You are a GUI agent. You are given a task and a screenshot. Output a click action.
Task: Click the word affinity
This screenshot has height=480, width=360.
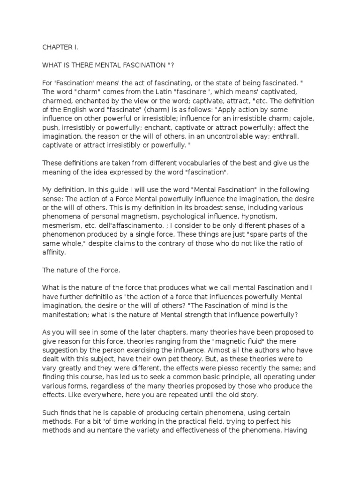click(54, 252)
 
